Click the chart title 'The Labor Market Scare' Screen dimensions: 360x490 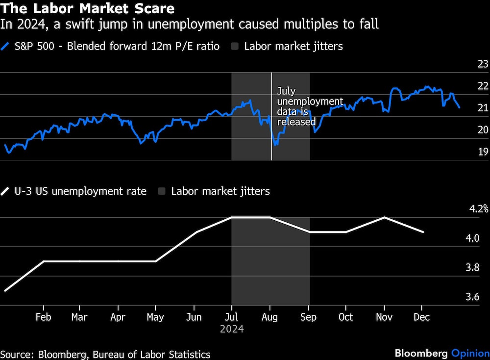click(88, 9)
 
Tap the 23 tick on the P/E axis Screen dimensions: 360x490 click(483, 64)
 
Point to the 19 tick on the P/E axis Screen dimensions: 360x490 click(483, 152)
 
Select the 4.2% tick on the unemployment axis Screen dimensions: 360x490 click(479, 209)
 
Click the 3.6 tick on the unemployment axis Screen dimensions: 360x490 click(483, 297)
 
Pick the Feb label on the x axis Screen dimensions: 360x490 click(43, 317)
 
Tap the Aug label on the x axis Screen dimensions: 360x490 click(269, 317)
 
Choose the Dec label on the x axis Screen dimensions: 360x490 click(421, 317)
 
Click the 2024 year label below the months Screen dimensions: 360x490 click(232, 329)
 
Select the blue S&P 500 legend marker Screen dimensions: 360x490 click(5, 47)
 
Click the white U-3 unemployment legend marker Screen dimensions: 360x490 click(5, 191)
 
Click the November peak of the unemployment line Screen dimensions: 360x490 click(385, 217)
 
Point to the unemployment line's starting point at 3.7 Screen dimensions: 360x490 click(5, 290)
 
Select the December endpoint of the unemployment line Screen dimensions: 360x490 click(423, 231)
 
